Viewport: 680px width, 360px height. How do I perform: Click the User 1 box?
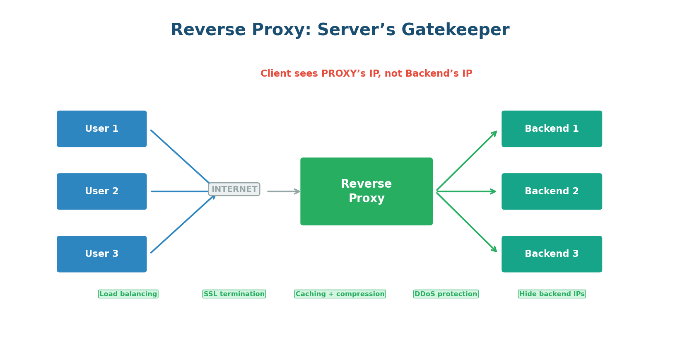[x=101, y=129]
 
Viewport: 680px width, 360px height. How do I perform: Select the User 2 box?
[x=101, y=191]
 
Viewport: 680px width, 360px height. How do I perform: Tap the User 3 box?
[x=101, y=254]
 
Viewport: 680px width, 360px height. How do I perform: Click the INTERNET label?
[x=234, y=189]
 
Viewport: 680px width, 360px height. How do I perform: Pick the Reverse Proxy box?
[x=366, y=191]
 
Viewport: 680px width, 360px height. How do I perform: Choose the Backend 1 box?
[x=551, y=129]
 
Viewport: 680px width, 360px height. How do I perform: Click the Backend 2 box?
[x=551, y=191]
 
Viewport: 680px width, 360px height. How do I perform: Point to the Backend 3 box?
[x=551, y=254]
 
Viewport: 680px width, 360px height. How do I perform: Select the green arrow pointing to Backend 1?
[x=466, y=161]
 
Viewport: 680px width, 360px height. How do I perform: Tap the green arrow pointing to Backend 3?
[x=466, y=222]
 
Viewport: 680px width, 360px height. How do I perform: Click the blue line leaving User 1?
[x=180, y=157]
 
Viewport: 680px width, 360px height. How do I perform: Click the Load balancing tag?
[x=128, y=294]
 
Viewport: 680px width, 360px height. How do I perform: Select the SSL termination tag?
[x=234, y=294]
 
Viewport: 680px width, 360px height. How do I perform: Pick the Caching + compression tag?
[x=340, y=294]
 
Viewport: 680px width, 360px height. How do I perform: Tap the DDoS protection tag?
[x=446, y=294]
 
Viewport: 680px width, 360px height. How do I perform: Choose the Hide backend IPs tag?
[x=552, y=294]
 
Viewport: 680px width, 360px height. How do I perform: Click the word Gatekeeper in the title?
[x=455, y=30]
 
